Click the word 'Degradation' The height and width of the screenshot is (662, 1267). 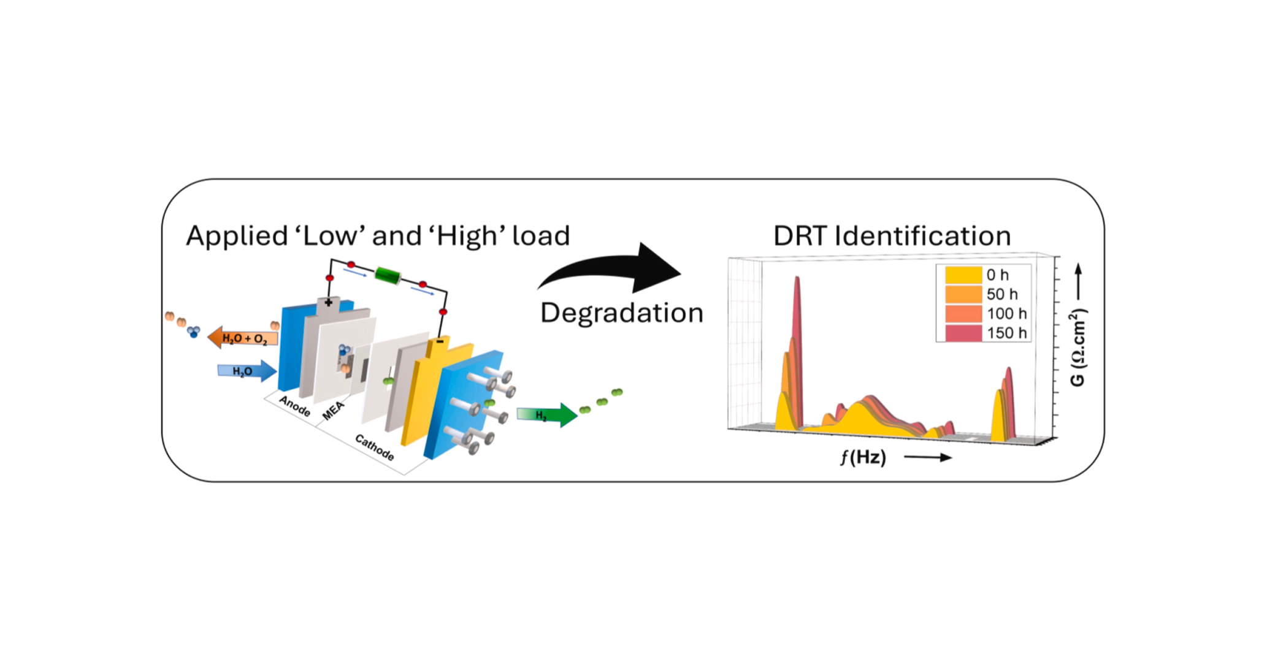point(621,313)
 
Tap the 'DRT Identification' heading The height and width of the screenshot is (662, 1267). point(892,236)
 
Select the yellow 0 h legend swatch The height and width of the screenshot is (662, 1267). point(963,275)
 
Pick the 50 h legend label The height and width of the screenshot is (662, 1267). point(1002,294)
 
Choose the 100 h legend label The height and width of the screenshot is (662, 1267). point(1006,314)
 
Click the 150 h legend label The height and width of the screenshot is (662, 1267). point(1006,333)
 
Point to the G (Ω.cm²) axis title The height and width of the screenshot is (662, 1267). point(1078,348)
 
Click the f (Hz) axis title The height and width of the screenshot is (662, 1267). point(863,457)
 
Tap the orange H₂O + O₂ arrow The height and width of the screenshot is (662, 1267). point(243,338)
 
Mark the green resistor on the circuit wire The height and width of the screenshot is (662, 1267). point(388,275)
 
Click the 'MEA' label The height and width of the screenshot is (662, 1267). point(333,411)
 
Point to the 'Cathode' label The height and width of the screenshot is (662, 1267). point(375,447)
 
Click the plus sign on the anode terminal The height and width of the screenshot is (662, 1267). point(329,302)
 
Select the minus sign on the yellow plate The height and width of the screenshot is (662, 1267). point(440,341)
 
